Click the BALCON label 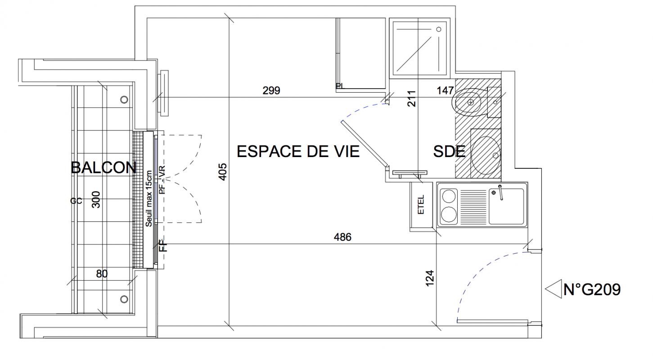(104, 167)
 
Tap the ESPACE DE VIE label (298, 152)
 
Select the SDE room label (449, 152)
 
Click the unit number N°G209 (592, 289)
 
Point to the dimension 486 (342, 237)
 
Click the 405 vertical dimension (222, 172)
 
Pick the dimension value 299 (271, 90)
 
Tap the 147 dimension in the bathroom (445, 90)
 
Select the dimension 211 (411, 99)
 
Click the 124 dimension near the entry (430, 279)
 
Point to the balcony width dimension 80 (102, 274)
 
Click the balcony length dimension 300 (96, 200)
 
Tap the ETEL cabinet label (421, 205)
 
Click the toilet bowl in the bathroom (466, 102)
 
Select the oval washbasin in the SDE (486, 156)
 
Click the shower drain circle (438, 29)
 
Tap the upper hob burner (449, 196)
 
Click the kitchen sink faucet (500, 193)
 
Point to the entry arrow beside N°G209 (553, 289)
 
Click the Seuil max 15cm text (149, 198)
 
